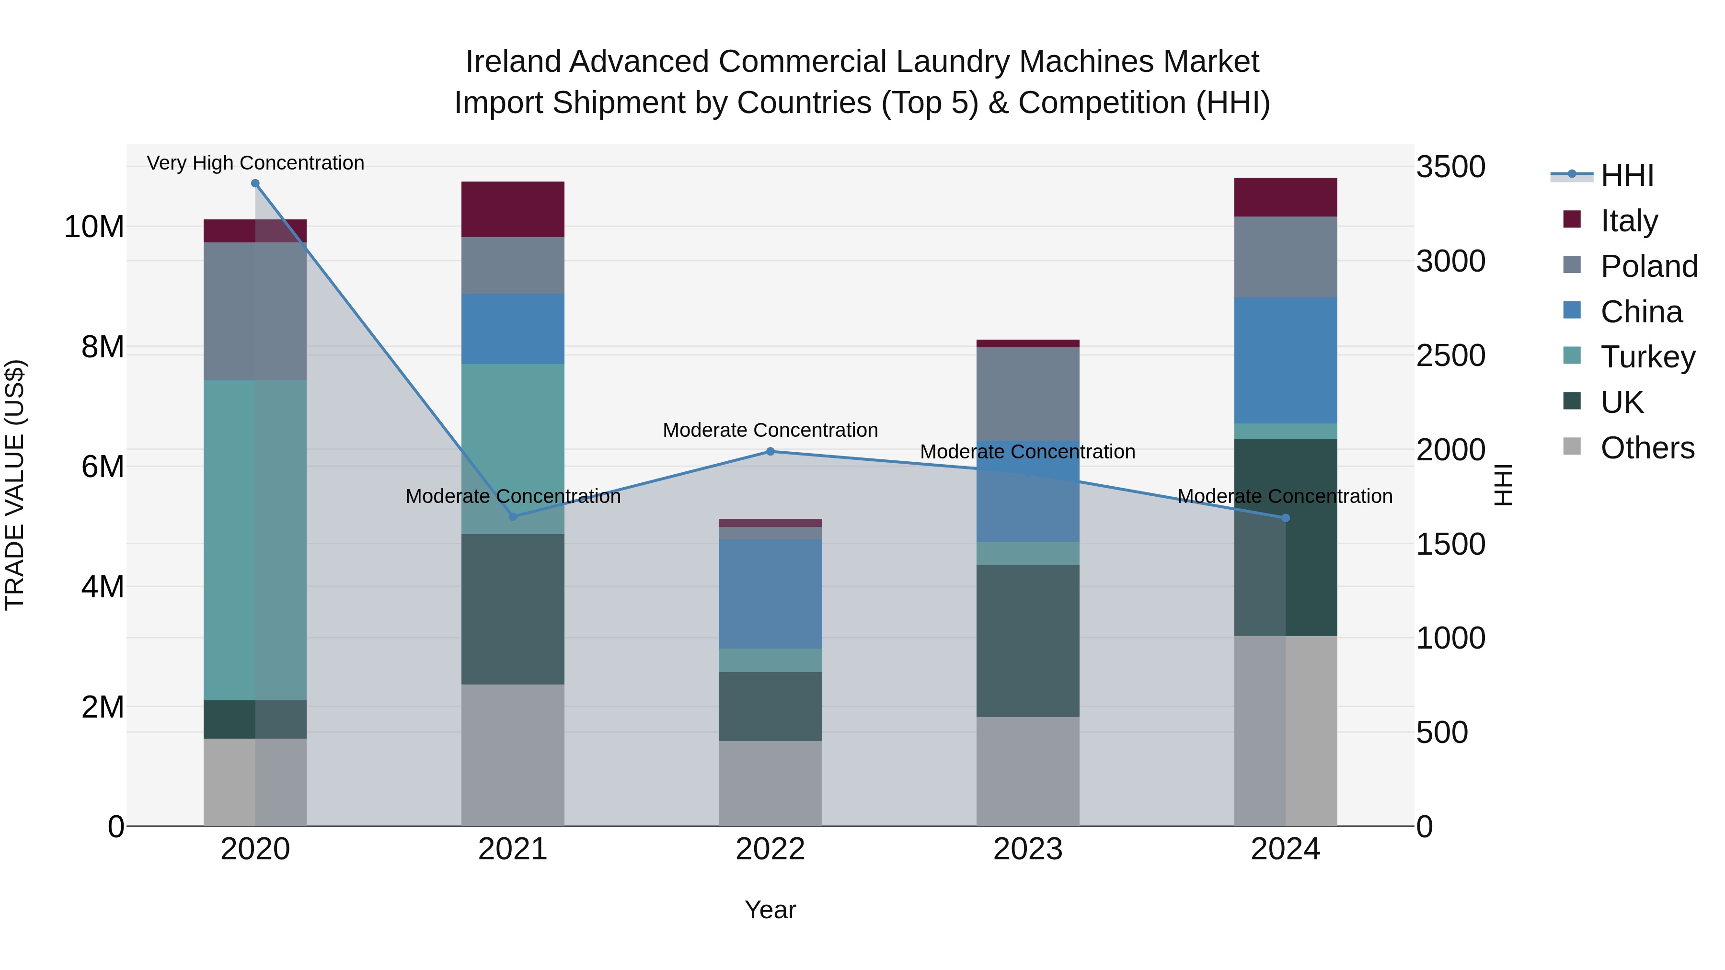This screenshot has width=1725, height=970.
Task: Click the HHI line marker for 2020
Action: tap(255, 183)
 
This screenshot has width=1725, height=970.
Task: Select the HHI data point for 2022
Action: tap(770, 452)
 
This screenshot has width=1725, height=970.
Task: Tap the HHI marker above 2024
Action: tap(1285, 518)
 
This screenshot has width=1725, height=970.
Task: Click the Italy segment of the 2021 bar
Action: tap(513, 209)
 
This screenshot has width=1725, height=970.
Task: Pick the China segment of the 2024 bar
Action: tap(1285, 360)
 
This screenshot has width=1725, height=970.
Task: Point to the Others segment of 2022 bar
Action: tap(770, 783)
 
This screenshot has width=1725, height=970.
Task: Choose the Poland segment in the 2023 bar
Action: tap(1028, 394)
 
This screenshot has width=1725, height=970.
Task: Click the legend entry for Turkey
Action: tap(1647, 357)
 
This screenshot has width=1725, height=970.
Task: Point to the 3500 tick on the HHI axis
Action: tap(1450, 167)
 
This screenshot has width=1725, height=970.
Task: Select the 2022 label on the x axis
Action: tap(770, 849)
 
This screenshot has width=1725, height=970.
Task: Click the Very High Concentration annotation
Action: tap(255, 163)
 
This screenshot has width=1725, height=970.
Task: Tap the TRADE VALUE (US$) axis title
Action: tap(15, 485)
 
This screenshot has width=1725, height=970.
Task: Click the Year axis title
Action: tap(770, 910)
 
